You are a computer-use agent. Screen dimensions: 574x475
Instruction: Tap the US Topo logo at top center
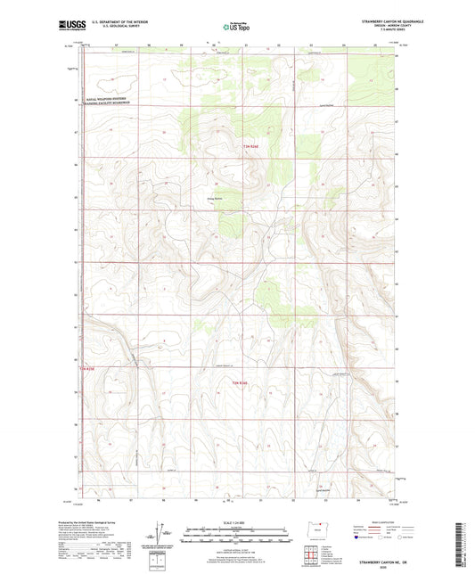coord(234,27)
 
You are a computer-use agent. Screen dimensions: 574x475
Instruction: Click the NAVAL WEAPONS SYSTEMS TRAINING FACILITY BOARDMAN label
coord(106,102)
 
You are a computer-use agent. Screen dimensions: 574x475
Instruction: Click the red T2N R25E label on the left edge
coord(93,366)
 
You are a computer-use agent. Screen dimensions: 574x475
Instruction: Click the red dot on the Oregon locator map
coord(319,528)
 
